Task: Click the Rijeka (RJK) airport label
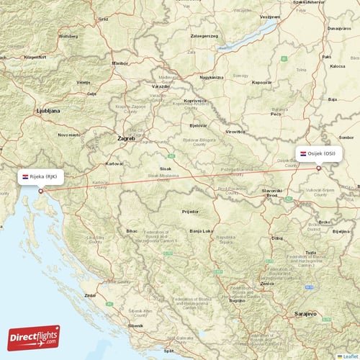[44, 176]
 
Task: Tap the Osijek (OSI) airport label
[317, 153]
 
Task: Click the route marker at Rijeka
[41, 191]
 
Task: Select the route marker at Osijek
[318, 168]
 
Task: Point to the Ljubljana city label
[48, 112]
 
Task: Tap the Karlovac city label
[114, 164]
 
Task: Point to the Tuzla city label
[310, 253]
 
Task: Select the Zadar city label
[90, 295]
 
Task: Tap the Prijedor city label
[190, 212]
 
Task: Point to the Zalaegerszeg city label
[204, 35]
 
